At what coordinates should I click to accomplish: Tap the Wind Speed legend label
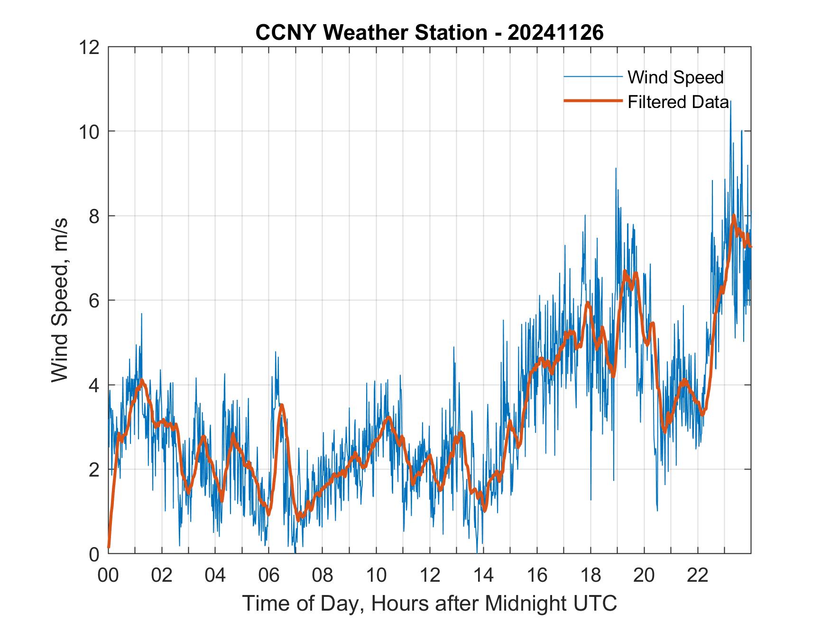point(675,77)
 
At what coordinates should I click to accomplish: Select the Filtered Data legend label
point(678,102)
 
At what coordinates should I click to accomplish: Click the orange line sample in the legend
point(592,101)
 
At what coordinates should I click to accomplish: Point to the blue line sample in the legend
point(592,76)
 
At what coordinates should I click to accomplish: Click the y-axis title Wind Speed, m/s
point(60,300)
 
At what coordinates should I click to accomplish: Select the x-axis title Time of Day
point(430,604)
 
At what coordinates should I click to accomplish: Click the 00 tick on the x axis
point(108,575)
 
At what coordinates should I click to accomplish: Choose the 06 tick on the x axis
point(269,575)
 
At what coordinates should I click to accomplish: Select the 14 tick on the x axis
point(483,575)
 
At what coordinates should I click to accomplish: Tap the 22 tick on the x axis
point(698,575)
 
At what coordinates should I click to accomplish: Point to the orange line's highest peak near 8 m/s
point(734,216)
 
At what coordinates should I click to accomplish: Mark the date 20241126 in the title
point(555,33)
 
